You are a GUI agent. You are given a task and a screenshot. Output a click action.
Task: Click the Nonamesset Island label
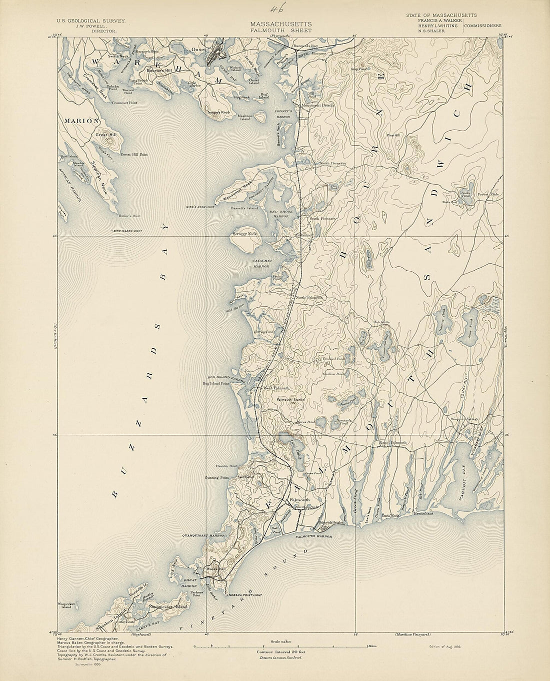click(x=167, y=606)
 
